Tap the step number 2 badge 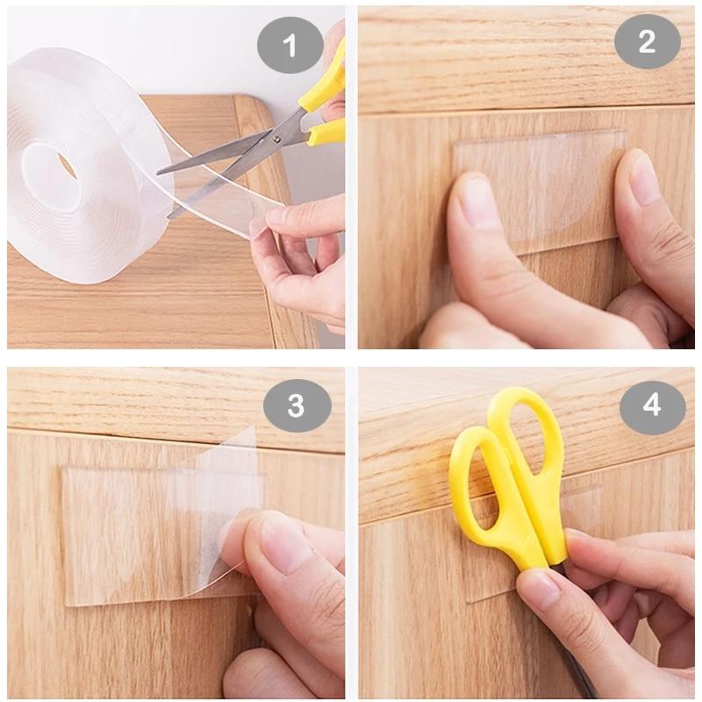pyautogui.click(x=647, y=41)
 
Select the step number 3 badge pyautogui.click(x=297, y=405)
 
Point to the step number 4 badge pyautogui.click(x=652, y=405)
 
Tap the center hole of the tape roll pyautogui.click(x=54, y=163)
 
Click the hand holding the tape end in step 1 pyautogui.click(x=303, y=263)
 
